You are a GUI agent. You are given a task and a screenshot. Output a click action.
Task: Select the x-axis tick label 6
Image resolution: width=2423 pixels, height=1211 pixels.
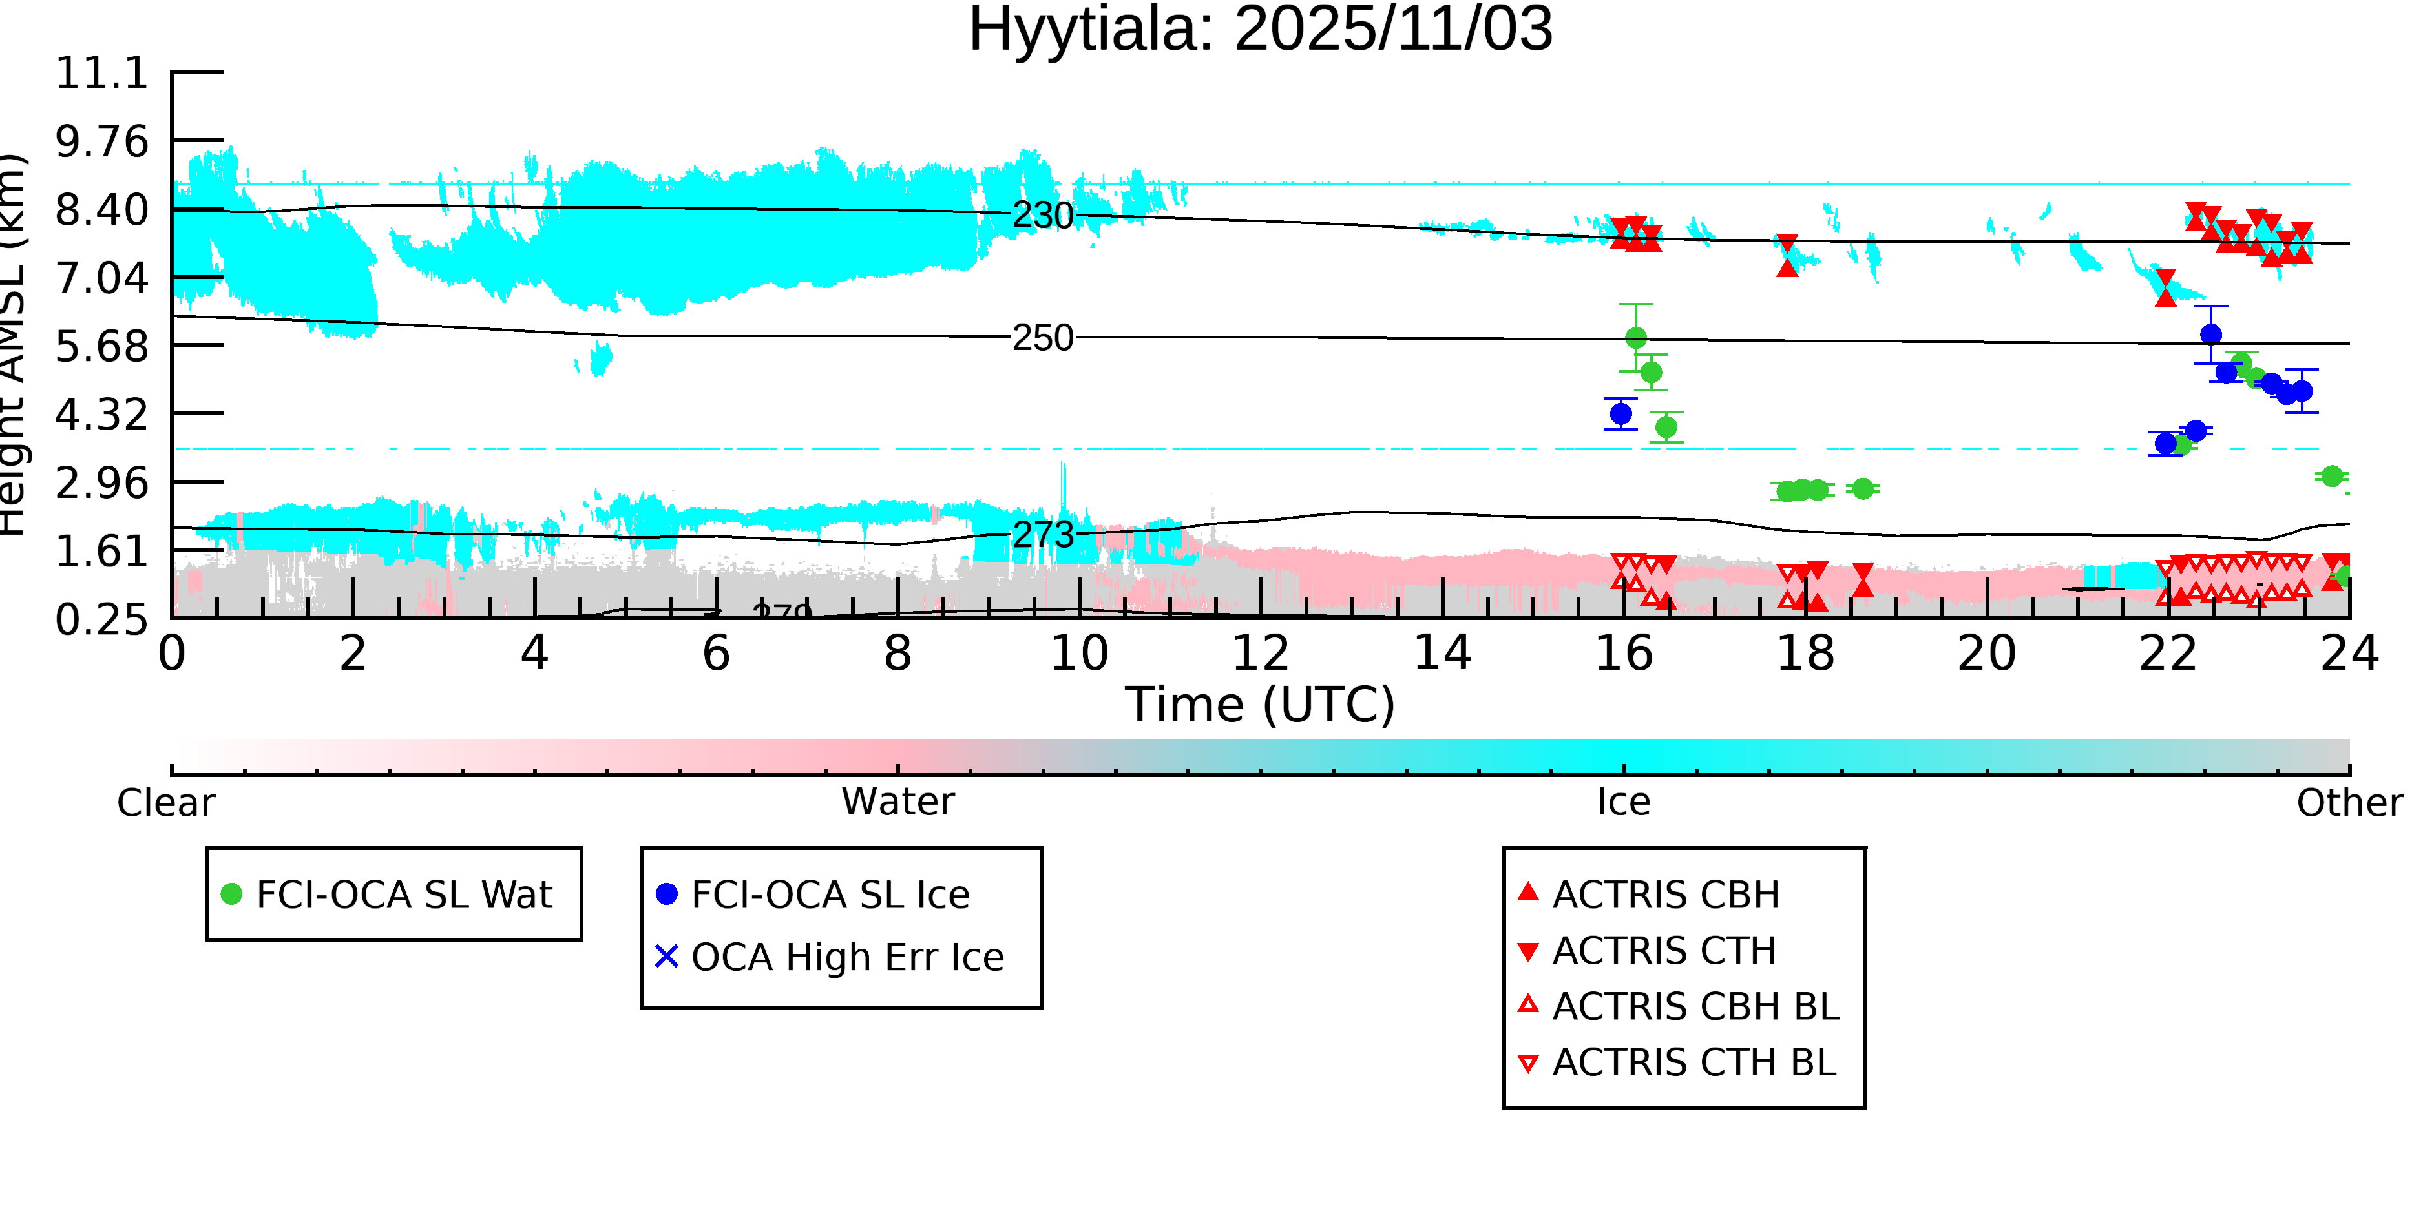(x=716, y=654)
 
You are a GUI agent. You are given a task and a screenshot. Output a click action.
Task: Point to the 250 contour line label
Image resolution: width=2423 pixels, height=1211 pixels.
(x=1042, y=338)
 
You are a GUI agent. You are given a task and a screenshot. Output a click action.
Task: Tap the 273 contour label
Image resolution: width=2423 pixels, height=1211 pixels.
(x=1042, y=535)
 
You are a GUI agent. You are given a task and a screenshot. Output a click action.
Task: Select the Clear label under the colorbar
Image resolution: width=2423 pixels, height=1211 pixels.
(x=165, y=803)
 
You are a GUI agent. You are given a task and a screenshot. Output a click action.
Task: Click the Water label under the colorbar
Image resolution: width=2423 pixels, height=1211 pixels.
(x=897, y=802)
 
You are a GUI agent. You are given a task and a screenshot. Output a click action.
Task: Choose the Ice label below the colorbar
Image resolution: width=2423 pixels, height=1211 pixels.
(x=1624, y=802)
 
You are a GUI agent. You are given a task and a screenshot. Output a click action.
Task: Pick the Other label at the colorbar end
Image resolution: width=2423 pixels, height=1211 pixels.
(x=2349, y=803)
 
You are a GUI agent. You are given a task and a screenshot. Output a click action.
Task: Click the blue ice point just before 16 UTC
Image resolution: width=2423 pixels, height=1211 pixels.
(x=1621, y=414)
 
